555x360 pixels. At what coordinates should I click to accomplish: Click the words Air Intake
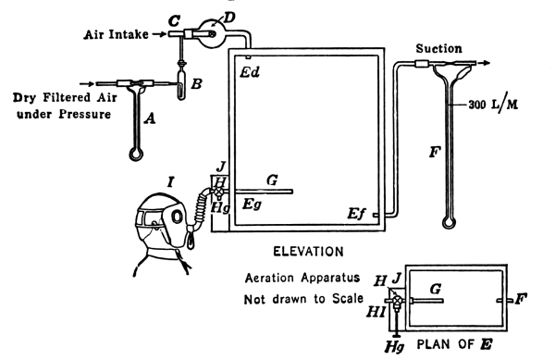(x=117, y=34)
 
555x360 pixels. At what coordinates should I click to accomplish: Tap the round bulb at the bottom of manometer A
(x=136, y=155)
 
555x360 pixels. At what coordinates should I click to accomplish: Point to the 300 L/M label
(x=493, y=105)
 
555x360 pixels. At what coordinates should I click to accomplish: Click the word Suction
(x=438, y=48)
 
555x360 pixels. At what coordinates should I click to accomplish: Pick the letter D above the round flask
(x=229, y=17)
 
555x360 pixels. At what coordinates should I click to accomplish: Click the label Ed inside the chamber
(x=250, y=72)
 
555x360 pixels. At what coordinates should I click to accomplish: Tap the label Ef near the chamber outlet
(x=356, y=214)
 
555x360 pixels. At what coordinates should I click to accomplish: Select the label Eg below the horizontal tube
(x=252, y=205)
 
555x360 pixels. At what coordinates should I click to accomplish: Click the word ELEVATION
(x=308, y=252)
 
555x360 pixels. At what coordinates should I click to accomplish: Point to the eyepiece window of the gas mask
(x=151, y=217)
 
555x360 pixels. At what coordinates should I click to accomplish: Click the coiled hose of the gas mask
(x=202, y=206)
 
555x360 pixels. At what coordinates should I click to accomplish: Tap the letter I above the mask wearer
(x=170, y=182)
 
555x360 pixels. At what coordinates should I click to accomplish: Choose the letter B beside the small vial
(x=196, y=84)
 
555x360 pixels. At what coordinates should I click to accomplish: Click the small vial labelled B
(x=181, y=84)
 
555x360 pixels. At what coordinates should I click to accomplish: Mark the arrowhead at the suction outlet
(x=487, y=63)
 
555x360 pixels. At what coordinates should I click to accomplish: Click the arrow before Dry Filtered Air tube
(x=87, y=84)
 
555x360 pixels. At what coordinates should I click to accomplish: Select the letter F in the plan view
(x=521, y=299)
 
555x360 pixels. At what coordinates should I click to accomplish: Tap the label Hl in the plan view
(x=376, y=312)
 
